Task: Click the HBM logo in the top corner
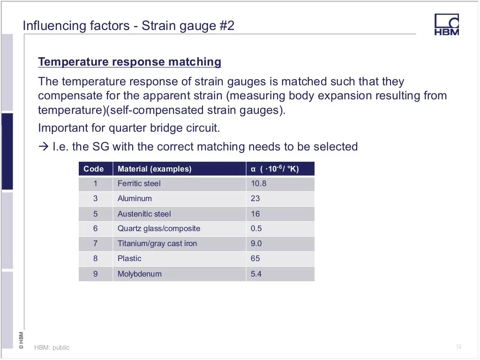pyautogui.click(x=447, y=24)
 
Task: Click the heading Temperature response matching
pyautogui.click(x=129, y=62)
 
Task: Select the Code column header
pyautogui.click(x=94, y=169)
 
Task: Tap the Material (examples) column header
pyautogui.click(x=155, y=169)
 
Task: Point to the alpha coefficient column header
pyautogui.click(x=275, y=169)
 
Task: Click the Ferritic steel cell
pyautogui.click(x=139, y=183)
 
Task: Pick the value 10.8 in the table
pyautogui.click(x=259, y=183)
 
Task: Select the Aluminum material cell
pyautogui.click(x=135, y=198)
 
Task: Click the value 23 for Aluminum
pyautogui.click(x=255, y=198)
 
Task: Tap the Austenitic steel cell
pyautogui.click(x=144, y=214)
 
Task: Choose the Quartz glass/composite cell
pyautogui.click(x=159, y=228)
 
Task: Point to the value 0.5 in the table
pyautogui.click(x=256, y=228)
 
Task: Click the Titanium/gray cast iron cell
pyautogui.click(x=157, y=243)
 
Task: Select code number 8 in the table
pyautogui.click(x=96, y=258)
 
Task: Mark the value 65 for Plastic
pyautogui.click(x=255, y=258)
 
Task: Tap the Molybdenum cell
pyautogui.click(x=140, y=274)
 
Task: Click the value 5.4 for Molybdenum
pyautogui.click(x=256, y=274)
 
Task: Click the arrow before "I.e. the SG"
pyautogui.click(x=44, y=147)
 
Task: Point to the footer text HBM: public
pyautogui.click(x=52, y=347)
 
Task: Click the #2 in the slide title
pyautogui.click(x=227, y=26)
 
